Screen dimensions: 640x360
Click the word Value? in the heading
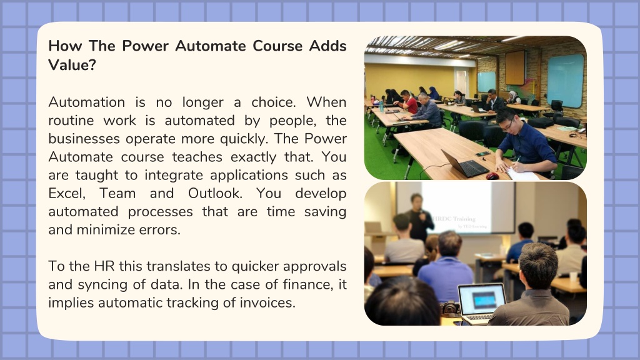point(72,65)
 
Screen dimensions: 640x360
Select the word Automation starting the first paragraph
point(86,102)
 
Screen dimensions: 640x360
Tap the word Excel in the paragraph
point(66,194)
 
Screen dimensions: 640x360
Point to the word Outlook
point(215,193)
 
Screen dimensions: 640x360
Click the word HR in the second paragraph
point(104,266)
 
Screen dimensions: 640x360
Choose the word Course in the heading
point(277,46)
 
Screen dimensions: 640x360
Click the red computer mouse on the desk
point(492,176)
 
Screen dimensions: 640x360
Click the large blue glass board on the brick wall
point(565,81)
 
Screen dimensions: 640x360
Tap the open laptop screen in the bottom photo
point(482,299)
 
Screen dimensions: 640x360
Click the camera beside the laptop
point(451,308)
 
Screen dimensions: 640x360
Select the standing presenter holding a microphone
point(419,218)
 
